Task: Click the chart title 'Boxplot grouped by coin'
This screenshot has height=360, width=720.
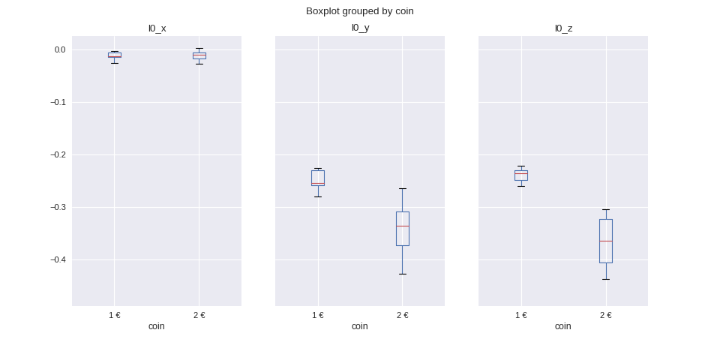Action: (x=359, y=11)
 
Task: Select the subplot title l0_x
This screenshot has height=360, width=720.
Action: (x=157, y=28)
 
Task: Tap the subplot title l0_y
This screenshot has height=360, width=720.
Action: (x=360, y=28)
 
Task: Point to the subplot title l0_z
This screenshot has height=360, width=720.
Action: (x=563, y=28)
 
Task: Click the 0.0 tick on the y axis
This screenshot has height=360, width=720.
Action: (x=60, y=50)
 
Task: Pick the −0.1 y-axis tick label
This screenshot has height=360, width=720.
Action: (x=58, y=102)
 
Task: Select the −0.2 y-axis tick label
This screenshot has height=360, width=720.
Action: (x=58, y=154)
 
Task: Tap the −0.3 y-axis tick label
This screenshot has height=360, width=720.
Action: (x=58, y=207)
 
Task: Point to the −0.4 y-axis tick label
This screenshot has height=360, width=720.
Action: (x=58, y=259)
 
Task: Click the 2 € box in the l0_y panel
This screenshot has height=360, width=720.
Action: (x=403, y=229)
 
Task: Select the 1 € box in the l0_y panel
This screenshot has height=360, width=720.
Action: (x=318, y=178)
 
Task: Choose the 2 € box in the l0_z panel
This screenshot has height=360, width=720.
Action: (x=606, y=241)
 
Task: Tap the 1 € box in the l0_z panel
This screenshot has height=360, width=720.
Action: (x=521, y=175)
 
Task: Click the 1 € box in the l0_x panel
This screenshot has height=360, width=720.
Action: (x=115, y=55)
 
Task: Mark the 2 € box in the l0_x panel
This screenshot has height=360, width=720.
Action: (x=199, y=55)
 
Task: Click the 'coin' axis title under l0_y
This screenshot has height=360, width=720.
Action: (x=360, y=326)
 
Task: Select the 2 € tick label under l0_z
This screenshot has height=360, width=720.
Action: (x=606, y=315)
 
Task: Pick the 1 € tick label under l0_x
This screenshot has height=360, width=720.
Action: (x=115, y=315)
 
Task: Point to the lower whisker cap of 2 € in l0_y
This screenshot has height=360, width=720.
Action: (x=403, y=274)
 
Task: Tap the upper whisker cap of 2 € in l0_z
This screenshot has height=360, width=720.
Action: (x=606, y=209)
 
